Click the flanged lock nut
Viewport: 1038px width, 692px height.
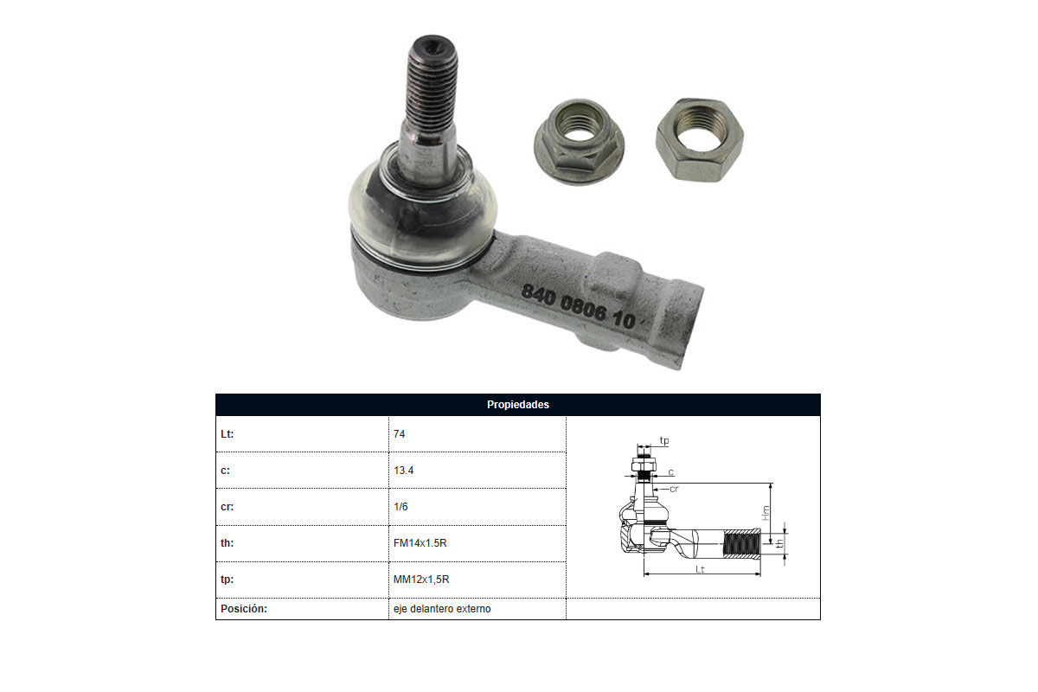pos(579,141)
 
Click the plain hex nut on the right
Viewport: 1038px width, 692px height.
pos(700,139)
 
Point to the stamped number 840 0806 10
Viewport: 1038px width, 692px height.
pos(578,307)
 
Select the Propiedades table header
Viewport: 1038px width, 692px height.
pos(517,405)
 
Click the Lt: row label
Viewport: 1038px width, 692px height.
pos(227,434)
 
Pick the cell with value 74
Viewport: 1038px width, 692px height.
pos(399,434)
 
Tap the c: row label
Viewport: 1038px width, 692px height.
pos(225,471)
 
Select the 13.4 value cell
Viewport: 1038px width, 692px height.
pos(404,471)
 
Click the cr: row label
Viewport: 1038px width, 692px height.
pos(227,507)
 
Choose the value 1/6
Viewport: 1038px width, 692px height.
pos(400,507)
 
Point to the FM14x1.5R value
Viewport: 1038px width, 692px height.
pos(420,542)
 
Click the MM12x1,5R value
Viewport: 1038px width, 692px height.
pos(421,580)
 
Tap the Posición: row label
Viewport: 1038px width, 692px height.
pos(244,609)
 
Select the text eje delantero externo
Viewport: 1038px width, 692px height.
pos(442,609)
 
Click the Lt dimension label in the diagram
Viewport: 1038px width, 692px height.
pos(700,569)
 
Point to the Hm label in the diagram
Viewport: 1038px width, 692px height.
pos(766,513)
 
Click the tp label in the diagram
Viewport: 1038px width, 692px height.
pos(664,440)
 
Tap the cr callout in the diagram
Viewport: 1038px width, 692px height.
pos(674,489)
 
